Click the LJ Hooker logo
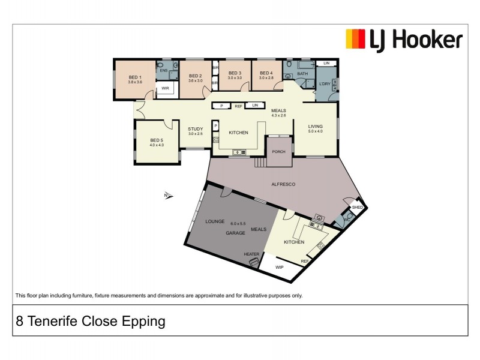(x=404, y=40)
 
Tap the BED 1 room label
(x=135, y=77)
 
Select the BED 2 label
(x=195, y=76)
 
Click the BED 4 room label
(x=266, y=73)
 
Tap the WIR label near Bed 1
(x=164, y=89)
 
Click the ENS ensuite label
(x=163, y=70)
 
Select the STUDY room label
(x=196, y=129)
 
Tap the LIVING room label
(x=315, y=127)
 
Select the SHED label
(x=358, y=207)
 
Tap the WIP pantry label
(x=279, y=267)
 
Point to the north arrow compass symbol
(x=168, y=194)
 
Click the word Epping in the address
(x=144, y=321)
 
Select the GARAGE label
(x=235, y=233)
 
